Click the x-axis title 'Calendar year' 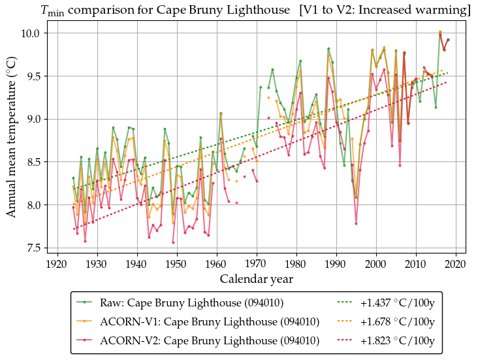click(256, 279)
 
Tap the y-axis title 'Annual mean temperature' click(12, 140)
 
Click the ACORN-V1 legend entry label click(210, 321)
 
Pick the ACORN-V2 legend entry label click(210, 340)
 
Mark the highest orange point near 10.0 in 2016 click(440, 31)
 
